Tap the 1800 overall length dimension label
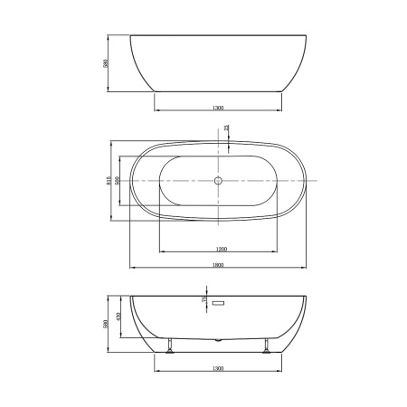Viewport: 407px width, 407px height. click(x=217, y=265)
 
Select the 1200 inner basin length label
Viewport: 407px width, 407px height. click(x=221, y=247)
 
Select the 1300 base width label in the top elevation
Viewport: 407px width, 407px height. click(x=218, y=108)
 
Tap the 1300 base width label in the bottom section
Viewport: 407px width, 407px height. click(x=218, y=370)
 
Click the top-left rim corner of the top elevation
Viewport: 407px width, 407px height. click(x=132, y=36)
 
